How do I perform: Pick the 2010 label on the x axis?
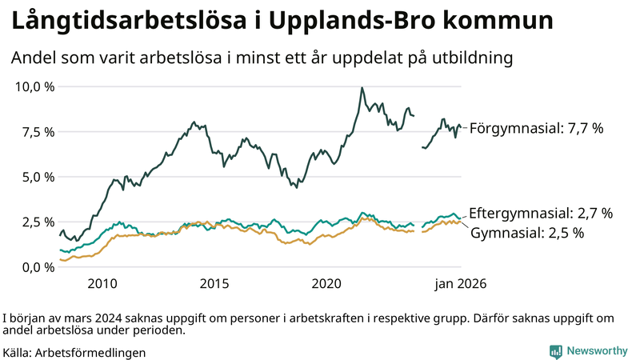102,284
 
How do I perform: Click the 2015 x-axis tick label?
214,284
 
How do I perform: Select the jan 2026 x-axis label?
460,284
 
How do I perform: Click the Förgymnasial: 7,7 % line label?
535,128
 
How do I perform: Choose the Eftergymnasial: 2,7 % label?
540,214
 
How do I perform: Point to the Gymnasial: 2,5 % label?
526,234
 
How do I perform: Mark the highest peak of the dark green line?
362,88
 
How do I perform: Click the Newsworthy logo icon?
555,351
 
